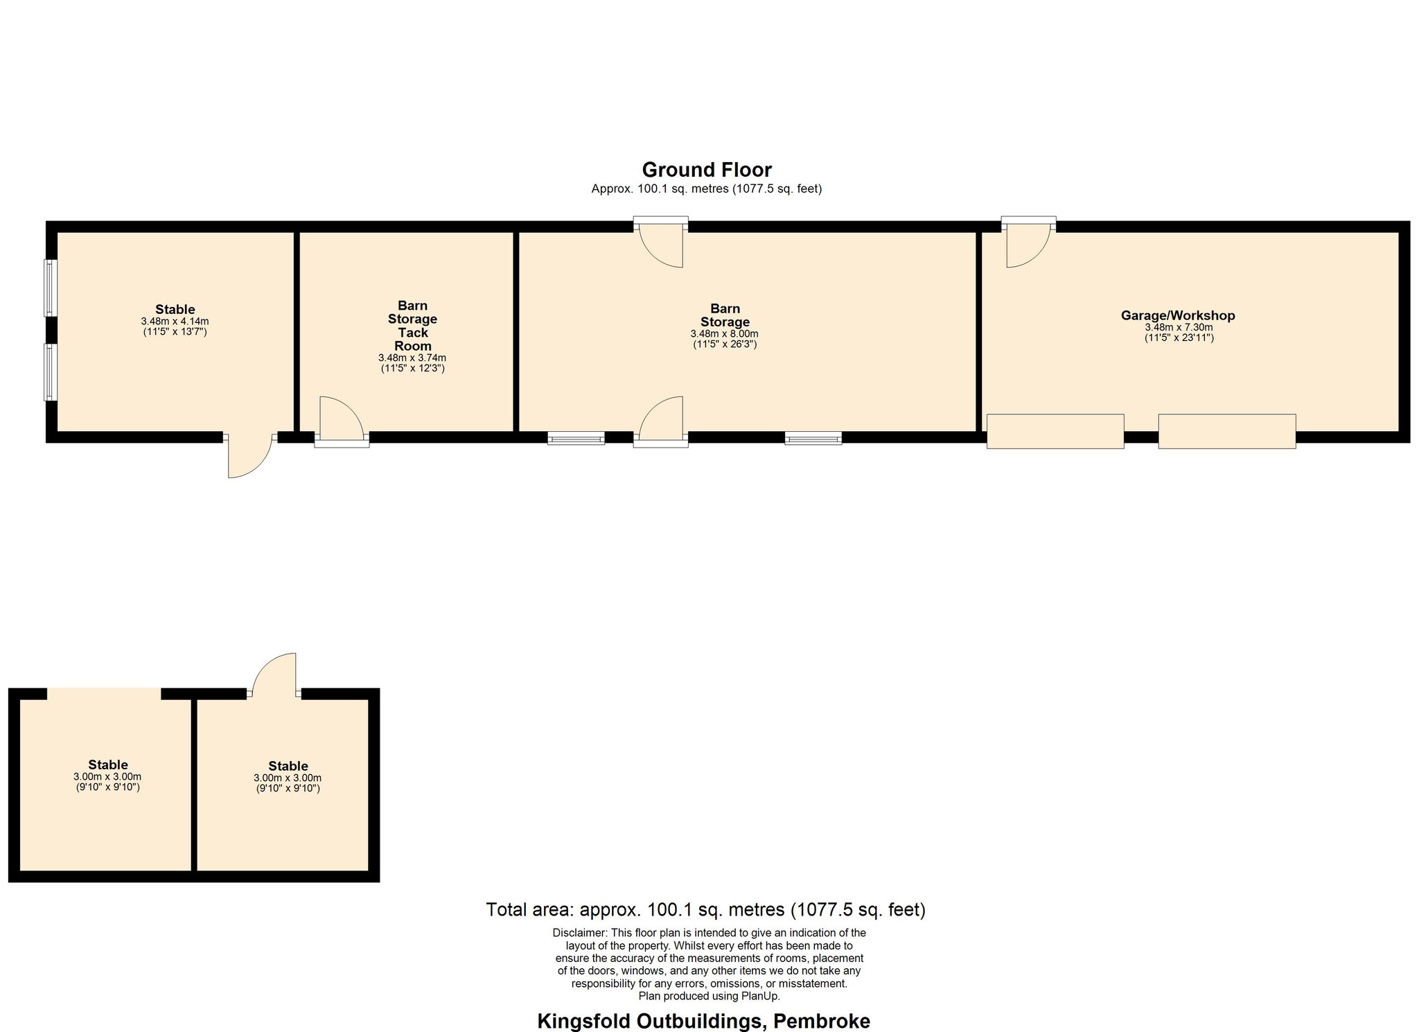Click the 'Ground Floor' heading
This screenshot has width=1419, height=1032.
click(x=707, y=170)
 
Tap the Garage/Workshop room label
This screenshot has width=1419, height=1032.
click(x=1178, y=316)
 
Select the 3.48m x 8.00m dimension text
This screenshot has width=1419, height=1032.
click(x=725, y=334)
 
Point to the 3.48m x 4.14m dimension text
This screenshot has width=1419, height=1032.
click(x=175, y=322)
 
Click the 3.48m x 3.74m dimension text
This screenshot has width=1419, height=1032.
click(x=412, y=358)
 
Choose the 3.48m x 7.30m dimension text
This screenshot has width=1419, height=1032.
click(x=1179, y=328)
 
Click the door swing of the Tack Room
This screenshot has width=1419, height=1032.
click(x=342, y=418)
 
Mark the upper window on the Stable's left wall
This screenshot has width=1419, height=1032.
click(x=49, y=288)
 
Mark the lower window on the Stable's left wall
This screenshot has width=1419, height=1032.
click(x=49, y=372)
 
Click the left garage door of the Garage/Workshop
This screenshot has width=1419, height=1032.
click(x=1055, y=431)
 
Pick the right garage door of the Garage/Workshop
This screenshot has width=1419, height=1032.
click(x=1227, y=431)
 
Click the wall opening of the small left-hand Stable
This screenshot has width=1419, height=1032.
click(x=104, y=694)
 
